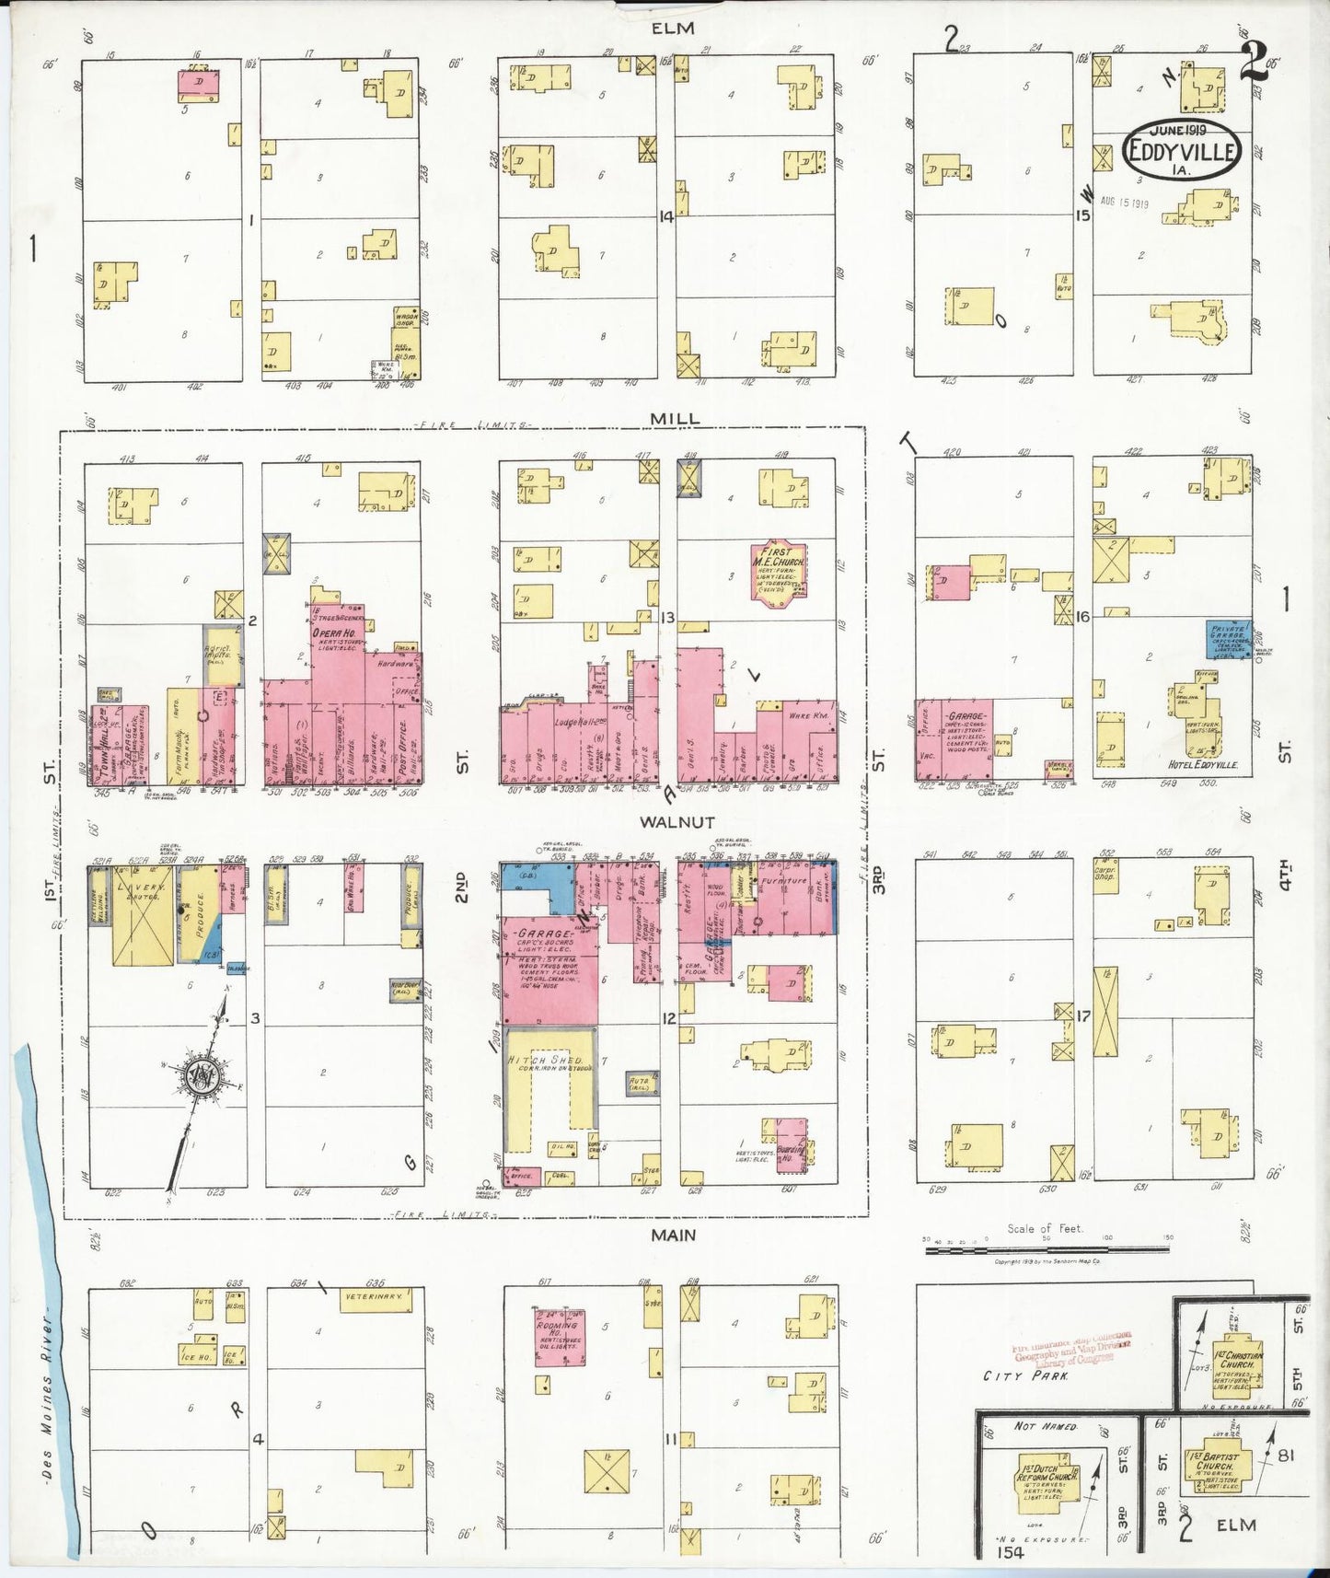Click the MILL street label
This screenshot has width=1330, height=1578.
tap(675, 418)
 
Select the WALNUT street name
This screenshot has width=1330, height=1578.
tap(667, 822)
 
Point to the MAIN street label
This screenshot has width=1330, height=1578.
tap(673, 1236)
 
